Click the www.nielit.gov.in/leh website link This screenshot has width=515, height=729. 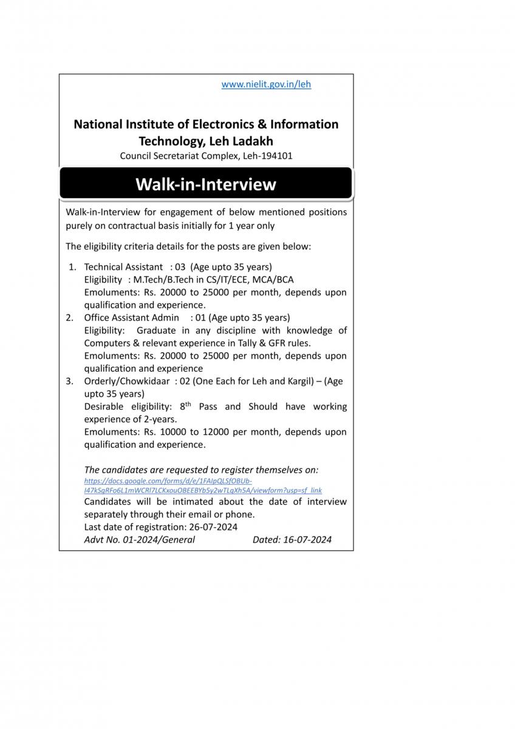pos(266,84)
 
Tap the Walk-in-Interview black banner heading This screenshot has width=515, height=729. pos(206,184)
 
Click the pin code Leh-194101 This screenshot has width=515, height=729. pos(268,156)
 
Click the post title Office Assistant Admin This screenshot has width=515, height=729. pos(131,318)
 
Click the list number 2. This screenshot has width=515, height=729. pos(70,318)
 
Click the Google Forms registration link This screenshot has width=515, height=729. pos(203,485)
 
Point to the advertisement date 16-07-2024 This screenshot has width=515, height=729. pos(307,539)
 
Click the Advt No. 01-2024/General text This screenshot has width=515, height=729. pos(140,539)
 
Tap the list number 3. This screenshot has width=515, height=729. pos(70,382)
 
